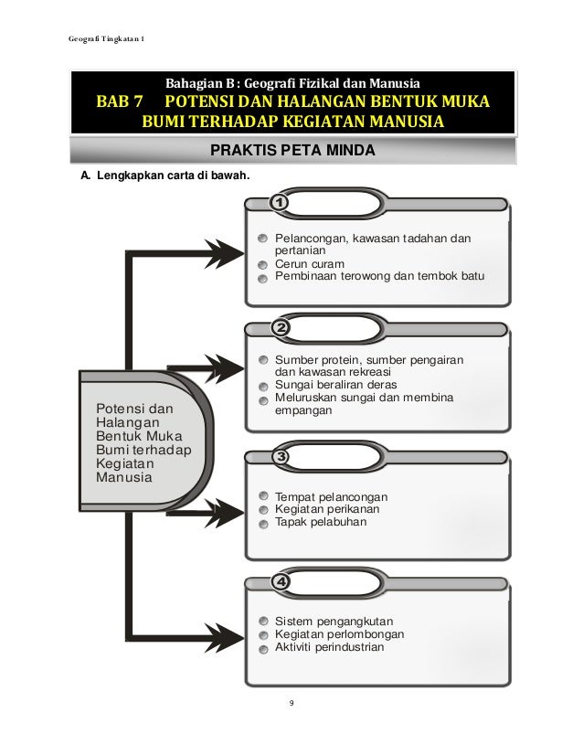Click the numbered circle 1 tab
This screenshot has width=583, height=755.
point(280,200)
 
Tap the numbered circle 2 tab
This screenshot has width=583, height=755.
point(280,327)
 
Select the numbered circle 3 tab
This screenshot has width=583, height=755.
point(280,455)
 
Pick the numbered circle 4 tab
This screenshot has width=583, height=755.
point(280,582)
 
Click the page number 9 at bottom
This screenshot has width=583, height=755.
point(291,703)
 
